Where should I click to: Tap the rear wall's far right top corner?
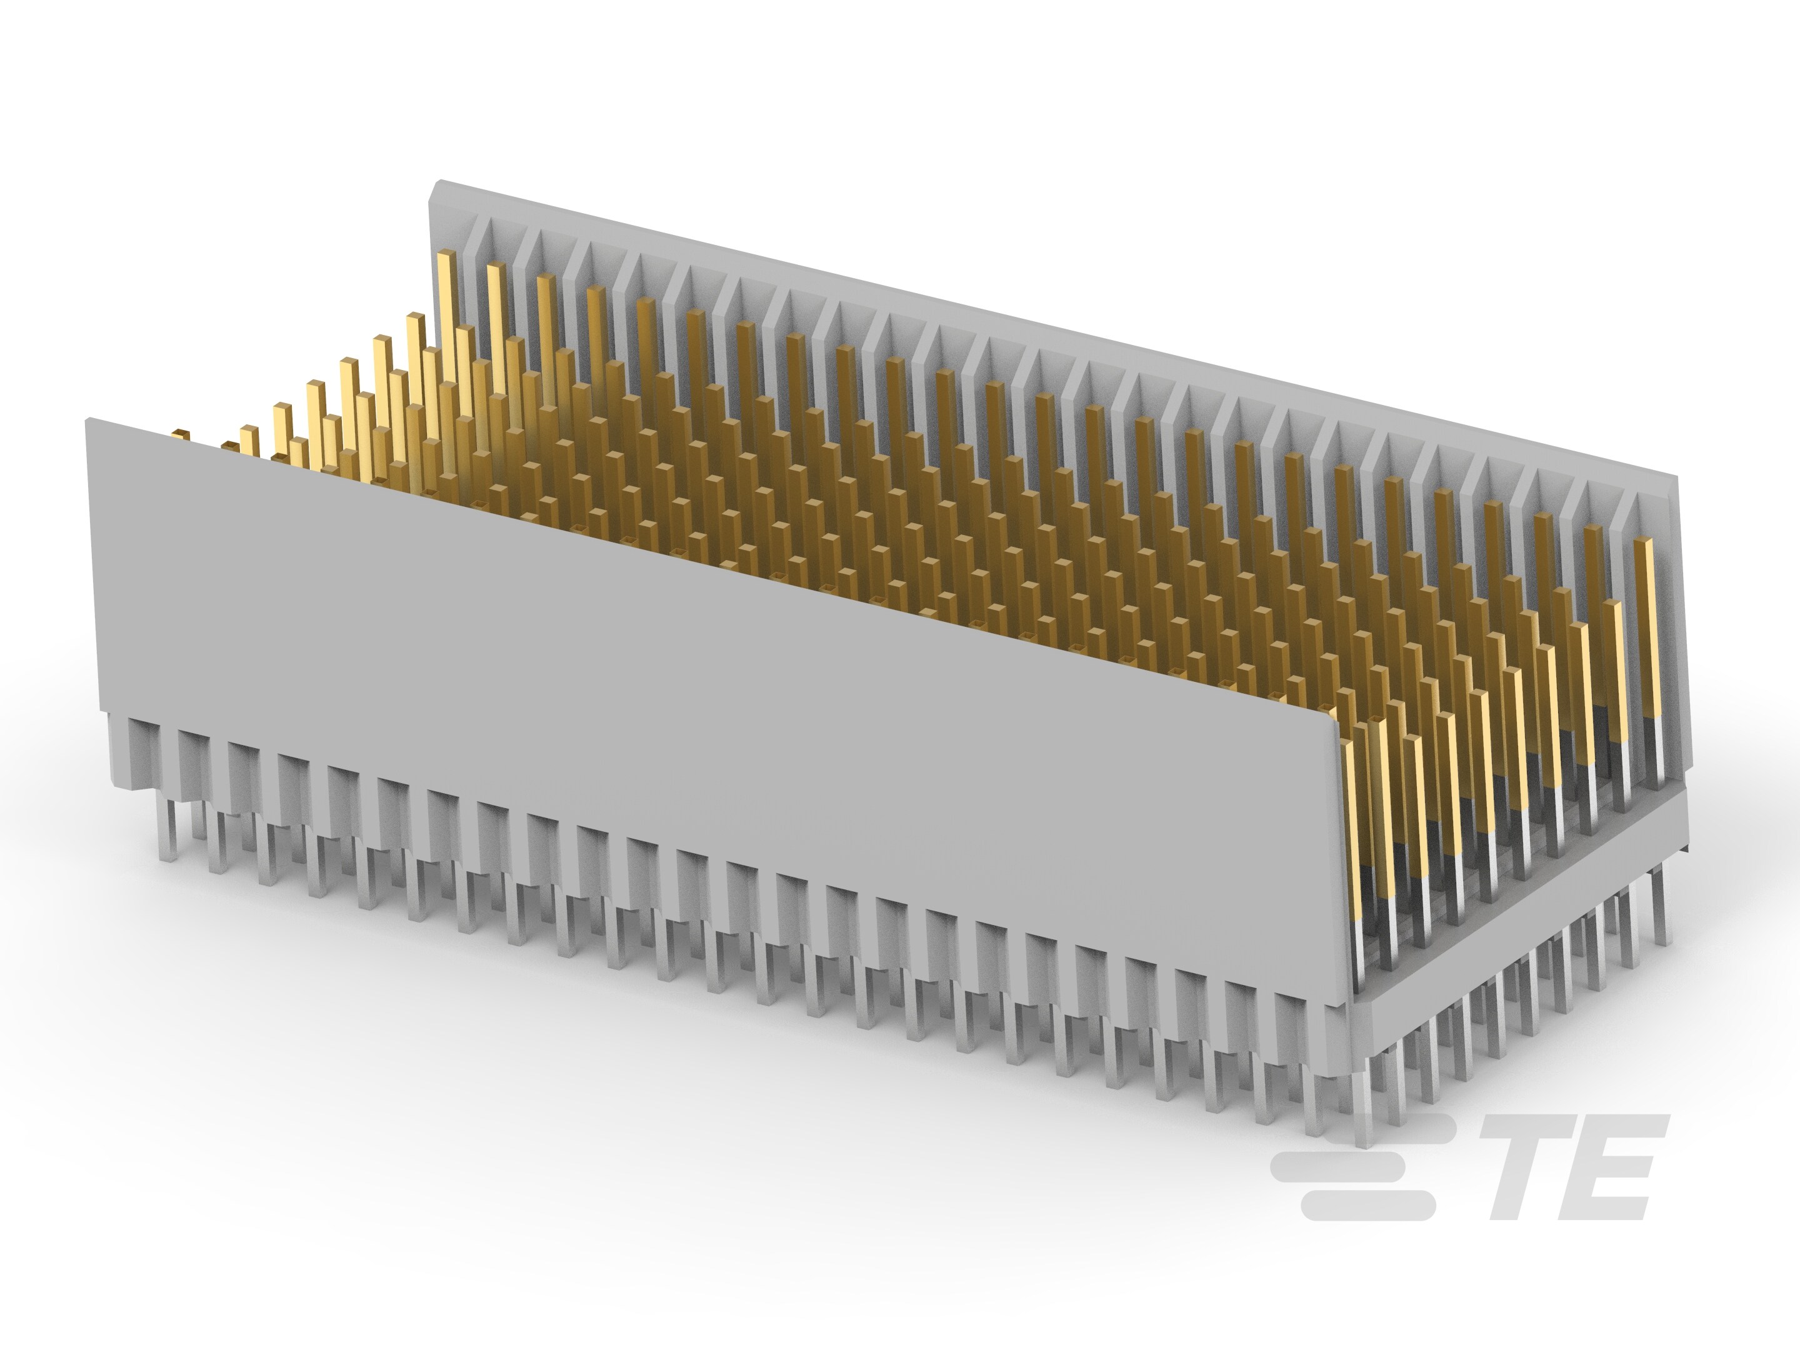tap(1674, 482)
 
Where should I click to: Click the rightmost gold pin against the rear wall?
tap(1649, 619)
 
